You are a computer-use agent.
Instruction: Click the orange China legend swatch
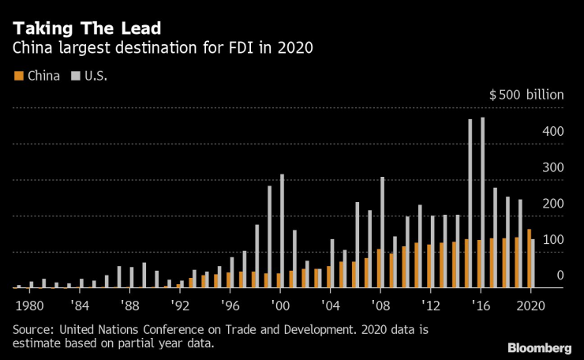[19, 76]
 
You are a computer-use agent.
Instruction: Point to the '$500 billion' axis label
[526, 95]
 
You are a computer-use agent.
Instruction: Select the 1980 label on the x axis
[29, 304]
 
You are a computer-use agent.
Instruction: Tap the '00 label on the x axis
[279, 304]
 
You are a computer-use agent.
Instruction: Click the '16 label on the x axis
[481, 304]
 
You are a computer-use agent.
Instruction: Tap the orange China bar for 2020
[528, 259]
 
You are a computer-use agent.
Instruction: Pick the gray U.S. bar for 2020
[533, 264]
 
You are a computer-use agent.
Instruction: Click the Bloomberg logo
[539, 348]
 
